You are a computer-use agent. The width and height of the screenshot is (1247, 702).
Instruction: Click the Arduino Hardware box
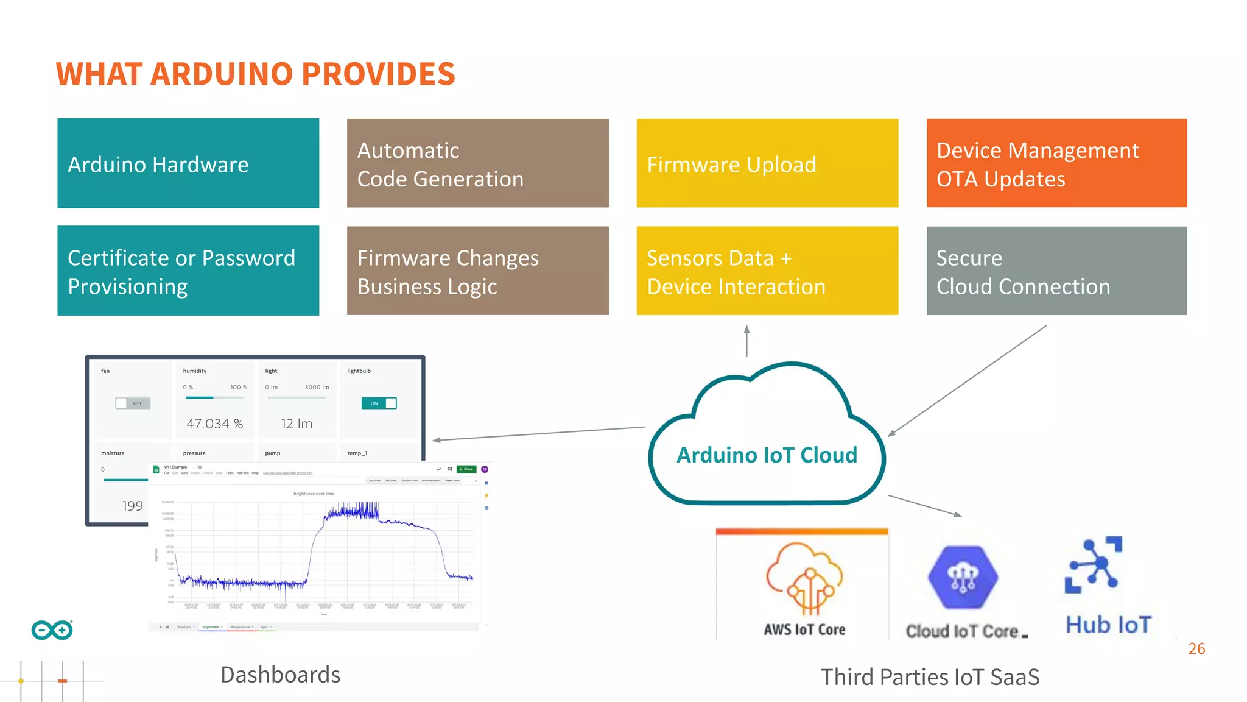pyautogui.click(x=188, y=163)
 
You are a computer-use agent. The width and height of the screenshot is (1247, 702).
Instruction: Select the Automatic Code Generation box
pyautogui.click(x=477, y=163)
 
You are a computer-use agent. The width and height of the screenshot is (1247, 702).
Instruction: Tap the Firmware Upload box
pyautogui.click(x=767, y=163)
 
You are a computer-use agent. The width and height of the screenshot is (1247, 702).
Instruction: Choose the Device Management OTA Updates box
pyautogui.click(x=1056, y=163)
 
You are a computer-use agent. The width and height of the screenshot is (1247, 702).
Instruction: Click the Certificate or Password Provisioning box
pyautogui.click(x=188, y=271)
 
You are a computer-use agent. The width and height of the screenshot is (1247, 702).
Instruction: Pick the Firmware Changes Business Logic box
pyautogui.click(x=477, y=271)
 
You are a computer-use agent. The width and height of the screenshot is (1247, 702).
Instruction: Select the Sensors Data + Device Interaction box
pyautogui.click(x=767, y=271)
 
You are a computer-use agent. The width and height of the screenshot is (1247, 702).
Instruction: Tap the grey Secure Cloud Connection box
pyautogui.click(x=1056, y=271)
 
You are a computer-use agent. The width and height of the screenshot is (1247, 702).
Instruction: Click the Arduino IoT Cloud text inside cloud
pyautogui.click(x=767, y=455)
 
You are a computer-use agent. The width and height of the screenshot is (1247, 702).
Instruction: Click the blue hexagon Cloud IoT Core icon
pyautogui.click(x=963, y=577)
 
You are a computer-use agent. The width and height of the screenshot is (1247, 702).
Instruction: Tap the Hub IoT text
pyautogui.click(x=1108, y=625)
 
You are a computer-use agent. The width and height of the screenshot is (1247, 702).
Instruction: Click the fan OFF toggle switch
pyautogui.click(x=133, y=403)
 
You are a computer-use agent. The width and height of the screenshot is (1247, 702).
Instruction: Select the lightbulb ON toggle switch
pyautogui.click(x=379, y=403)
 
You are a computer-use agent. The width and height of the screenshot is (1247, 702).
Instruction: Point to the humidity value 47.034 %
pyautogui.click(x=214, y=424)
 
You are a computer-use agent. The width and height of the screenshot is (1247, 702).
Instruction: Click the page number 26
pyautogui.click(x=1196, y=648)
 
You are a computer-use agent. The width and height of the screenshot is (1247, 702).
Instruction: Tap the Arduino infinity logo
pyautogui.click(x=52, y=630)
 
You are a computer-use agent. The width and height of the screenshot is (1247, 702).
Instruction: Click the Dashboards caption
pyautogui.click(x=280, y=675)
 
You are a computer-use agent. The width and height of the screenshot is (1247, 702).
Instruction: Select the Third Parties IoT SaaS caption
pyautogui.click(x=930, y=677)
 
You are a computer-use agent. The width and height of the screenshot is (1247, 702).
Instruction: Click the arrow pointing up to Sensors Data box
pyautogui.click(x=746, y=341)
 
